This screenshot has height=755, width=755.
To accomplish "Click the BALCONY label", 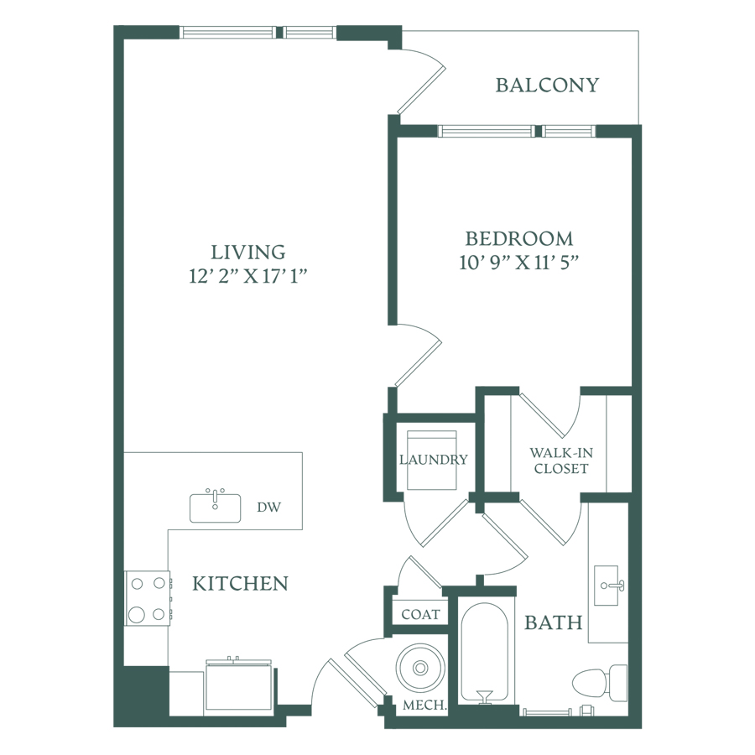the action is pos(547,86).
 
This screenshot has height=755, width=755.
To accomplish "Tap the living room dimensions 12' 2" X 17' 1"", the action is pos(248,276).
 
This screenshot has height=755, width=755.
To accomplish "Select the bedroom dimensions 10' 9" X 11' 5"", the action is pos(518,263).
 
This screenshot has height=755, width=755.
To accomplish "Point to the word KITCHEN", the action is pos(240,584).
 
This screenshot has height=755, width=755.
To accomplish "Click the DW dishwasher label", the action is pos(268,507).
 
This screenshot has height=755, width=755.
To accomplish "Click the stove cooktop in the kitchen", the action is pos(148,598).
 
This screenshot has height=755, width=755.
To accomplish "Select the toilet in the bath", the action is pos(600,683).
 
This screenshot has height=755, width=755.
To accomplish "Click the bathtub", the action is pos(485,650).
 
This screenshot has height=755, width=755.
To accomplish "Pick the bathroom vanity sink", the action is pos(607,586).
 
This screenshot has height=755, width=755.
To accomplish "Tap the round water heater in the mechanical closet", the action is pos(420,668).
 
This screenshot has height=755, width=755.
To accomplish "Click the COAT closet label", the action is pos(420,614).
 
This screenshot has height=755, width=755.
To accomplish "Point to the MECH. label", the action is pos(424,706).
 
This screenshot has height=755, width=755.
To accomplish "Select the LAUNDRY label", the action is pos(434,460).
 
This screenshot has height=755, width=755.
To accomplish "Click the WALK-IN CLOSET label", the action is pos(561,461).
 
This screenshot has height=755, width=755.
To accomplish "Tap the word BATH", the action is pos(554,623).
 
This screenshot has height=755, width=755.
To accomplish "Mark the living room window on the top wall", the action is pos(258,32).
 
